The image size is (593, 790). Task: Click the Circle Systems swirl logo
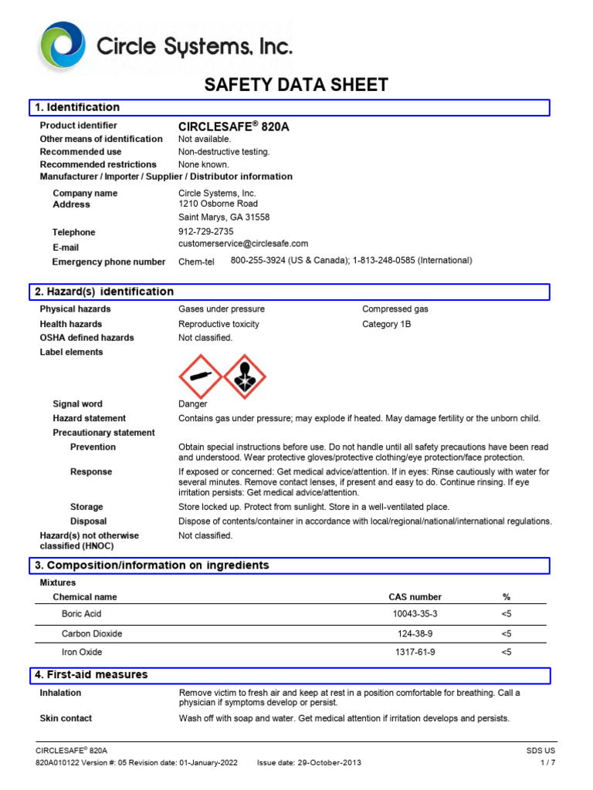click(x=64, y=47)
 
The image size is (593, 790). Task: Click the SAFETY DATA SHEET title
click(x=296, y=85)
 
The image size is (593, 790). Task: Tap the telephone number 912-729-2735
click(x=205, y=231)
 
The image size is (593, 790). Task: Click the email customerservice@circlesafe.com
click(x=243, y=244)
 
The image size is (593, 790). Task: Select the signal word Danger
click(x=193, y=403)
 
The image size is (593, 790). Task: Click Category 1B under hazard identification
click(x=386, y=324)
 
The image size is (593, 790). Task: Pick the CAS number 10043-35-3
click(x=415, y=614)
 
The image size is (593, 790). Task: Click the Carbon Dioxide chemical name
click(x=92, y=633)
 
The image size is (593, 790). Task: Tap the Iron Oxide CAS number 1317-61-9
click(x=415, y=653)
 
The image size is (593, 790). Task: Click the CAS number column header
click(x=415, y=596)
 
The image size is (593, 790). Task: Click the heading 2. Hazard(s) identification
click(x=103, y=292)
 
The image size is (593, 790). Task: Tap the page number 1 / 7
click(x=547, y=763)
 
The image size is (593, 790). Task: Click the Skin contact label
click(x=66, y=718)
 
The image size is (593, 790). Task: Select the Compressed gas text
click(x=395, y=309)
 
